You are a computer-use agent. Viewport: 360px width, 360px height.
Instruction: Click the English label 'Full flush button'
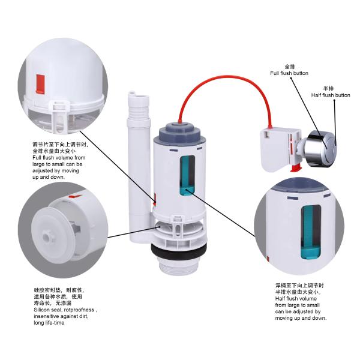pyautogui.click(x=289, y=73)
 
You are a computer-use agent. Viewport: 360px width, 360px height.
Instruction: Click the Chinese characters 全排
pyautogui.click(x=289, y=66)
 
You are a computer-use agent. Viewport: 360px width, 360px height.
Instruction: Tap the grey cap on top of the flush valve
pyautogui.click(x=181, y=132)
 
